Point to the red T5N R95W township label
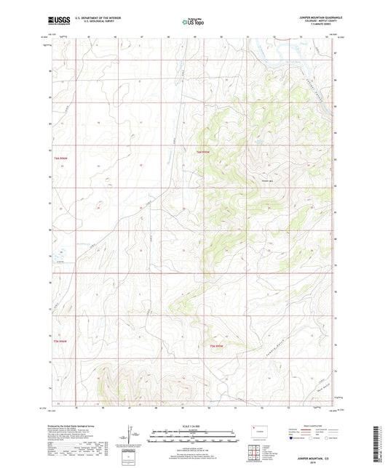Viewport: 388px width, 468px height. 216,345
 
